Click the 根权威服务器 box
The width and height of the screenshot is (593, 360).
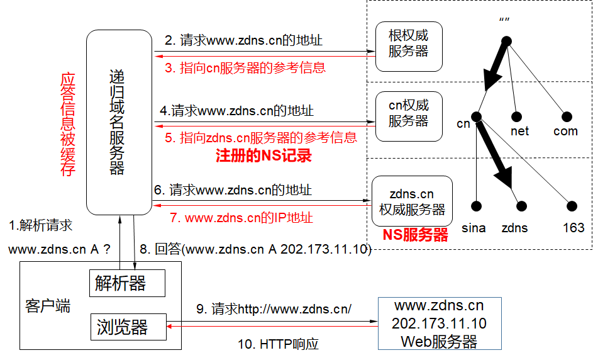click(409, 46)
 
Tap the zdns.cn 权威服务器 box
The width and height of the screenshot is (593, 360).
click(412, 202)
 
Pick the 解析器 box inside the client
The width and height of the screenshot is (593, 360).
click(128, 283)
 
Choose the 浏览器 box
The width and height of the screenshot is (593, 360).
click(128, 327)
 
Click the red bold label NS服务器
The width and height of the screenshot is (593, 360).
click(416, 235)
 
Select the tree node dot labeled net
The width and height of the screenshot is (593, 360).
click(517, 116)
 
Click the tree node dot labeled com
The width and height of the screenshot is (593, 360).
click(566, 116)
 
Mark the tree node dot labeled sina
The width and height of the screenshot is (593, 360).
click(477, 206)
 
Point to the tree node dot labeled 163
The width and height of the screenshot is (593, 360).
click(572, 206)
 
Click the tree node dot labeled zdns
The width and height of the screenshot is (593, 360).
click(521, 206)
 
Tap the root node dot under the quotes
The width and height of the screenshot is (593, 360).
click(506, 41)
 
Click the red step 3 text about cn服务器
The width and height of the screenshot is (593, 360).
click(245, 67)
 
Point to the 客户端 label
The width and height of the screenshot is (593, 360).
click(48, 307)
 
